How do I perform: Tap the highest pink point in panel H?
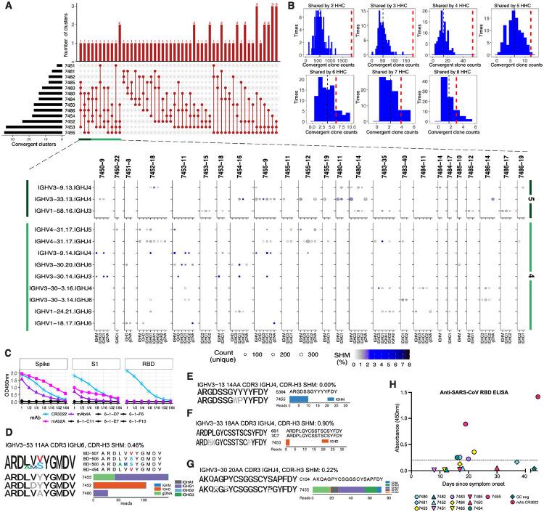click(537, 376)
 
